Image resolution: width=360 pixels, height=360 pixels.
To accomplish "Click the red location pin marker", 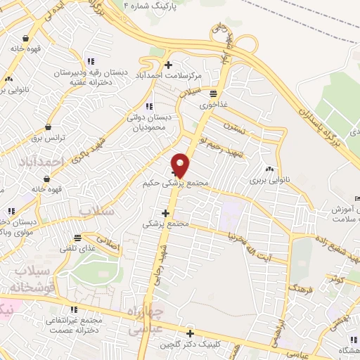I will point(181,165).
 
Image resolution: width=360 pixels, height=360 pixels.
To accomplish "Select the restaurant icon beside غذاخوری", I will point(212,94).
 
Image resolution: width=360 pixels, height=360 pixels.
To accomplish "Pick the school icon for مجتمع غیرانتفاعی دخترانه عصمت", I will point(73,309).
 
